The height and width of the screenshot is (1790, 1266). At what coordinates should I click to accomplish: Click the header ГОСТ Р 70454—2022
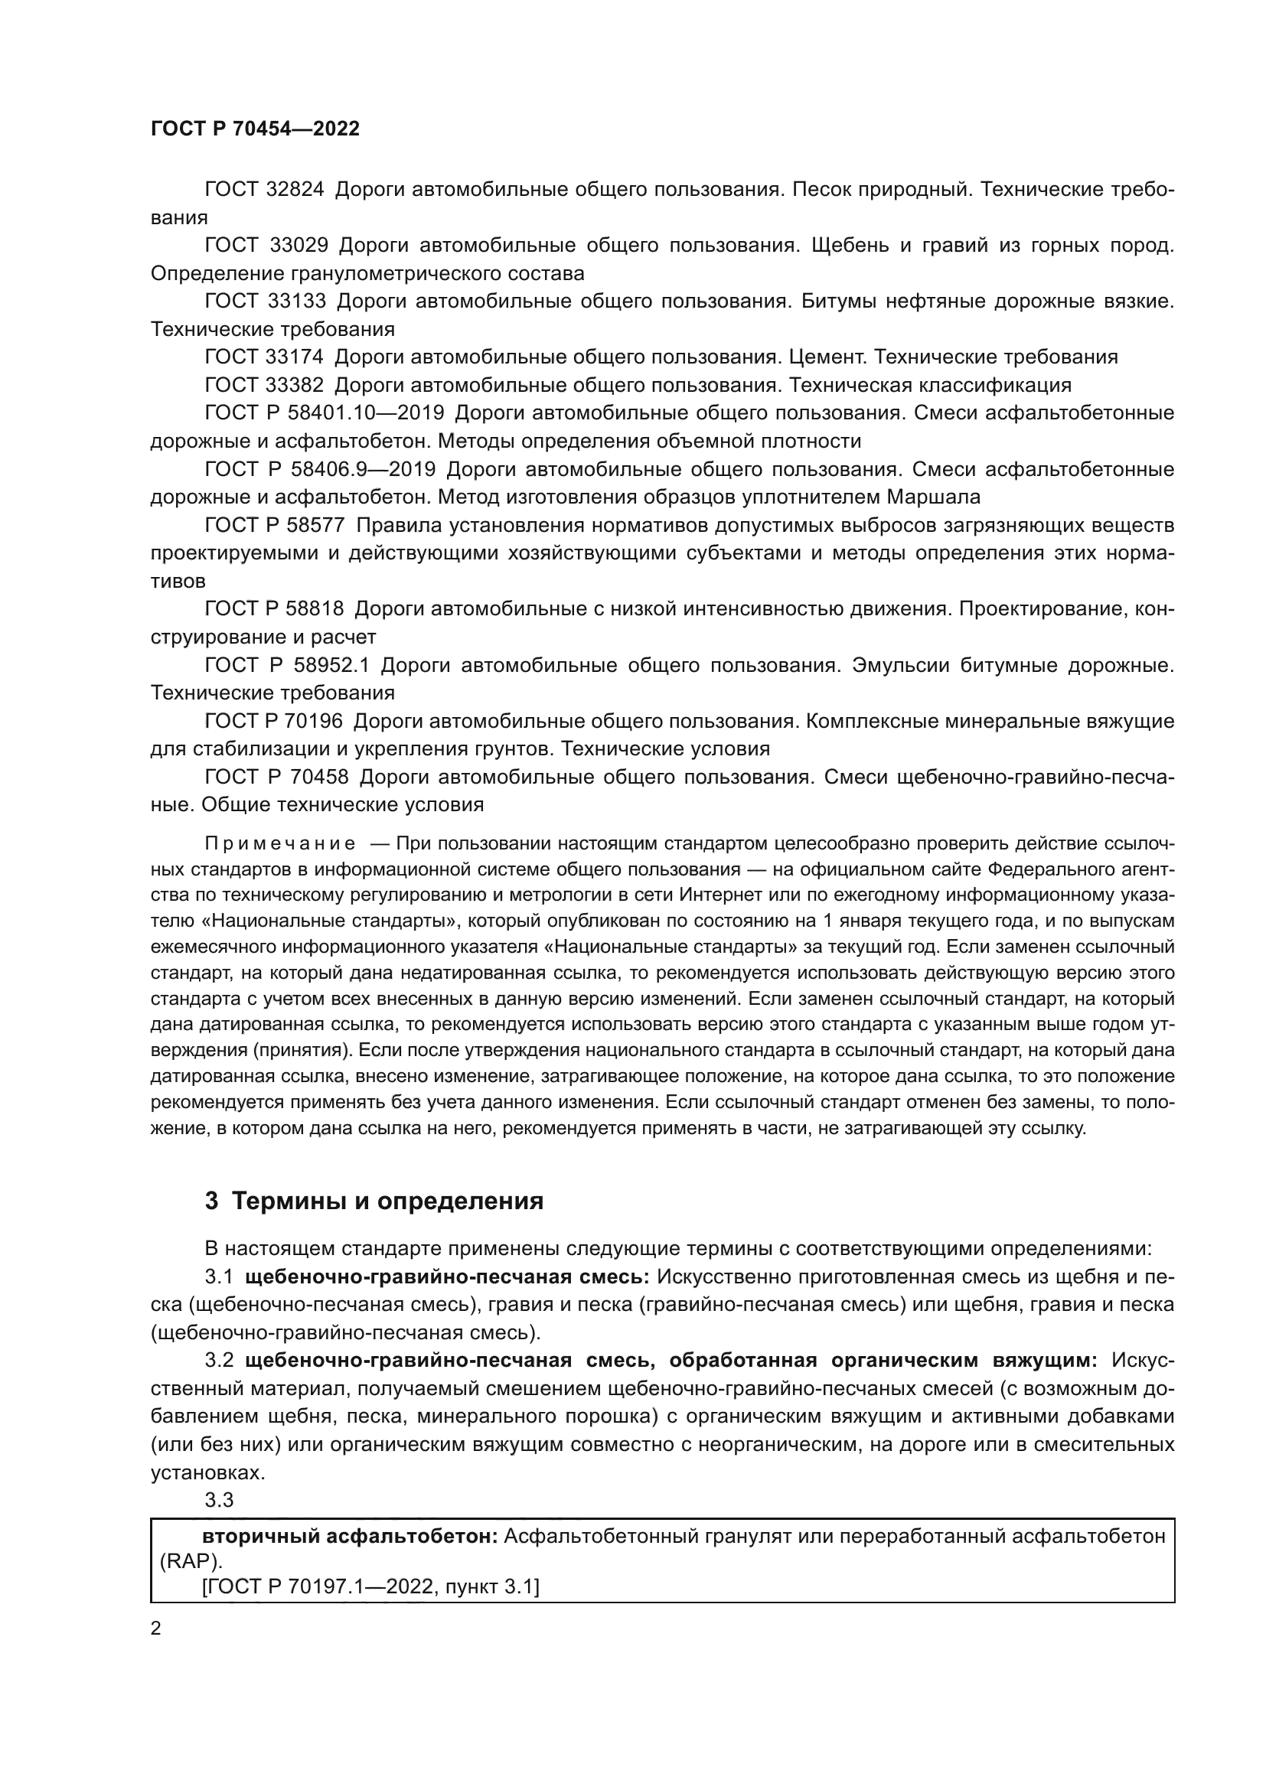(x=255, y=129)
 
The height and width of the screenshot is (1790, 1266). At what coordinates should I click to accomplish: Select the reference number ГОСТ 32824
(x=263, y=190)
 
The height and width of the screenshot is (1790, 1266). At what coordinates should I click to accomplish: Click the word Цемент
(x=827, y=357)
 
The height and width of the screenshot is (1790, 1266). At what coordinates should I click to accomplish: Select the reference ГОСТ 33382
(x=263, y=385)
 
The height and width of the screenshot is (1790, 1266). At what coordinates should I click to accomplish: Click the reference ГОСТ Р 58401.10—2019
(x=324, y=413)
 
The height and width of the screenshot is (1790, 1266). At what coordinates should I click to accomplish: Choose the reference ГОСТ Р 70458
(x=276, y=777)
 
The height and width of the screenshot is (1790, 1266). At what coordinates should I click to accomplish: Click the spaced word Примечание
(x=280, y=843)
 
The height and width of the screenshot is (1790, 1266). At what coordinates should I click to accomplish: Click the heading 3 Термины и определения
(x=374, y=1201)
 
